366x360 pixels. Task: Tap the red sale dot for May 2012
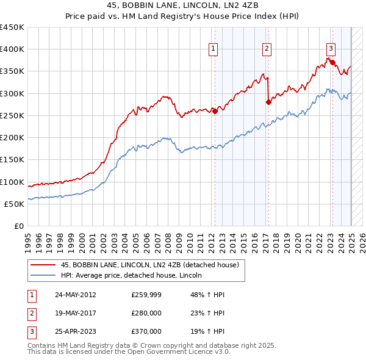pos(215,111)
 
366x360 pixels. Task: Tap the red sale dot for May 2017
pos(268,103)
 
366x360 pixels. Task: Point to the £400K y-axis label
pos(12,49)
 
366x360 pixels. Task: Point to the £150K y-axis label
pos(12,160)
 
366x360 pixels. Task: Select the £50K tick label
pos(15,204)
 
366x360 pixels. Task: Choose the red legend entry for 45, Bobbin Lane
pos(137,265)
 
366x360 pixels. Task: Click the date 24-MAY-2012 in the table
pos(76,295)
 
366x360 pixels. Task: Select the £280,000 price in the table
pos(146,314)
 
